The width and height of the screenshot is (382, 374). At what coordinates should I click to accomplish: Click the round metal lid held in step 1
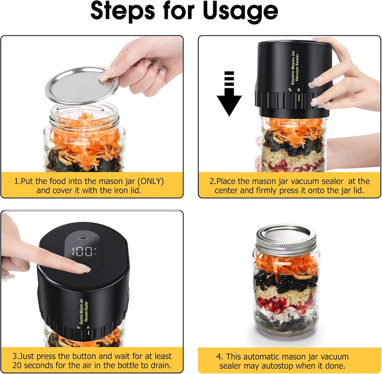click(x=81, y=84)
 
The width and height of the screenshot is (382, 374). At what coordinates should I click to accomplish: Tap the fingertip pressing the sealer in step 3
click(x=80, y=268)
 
